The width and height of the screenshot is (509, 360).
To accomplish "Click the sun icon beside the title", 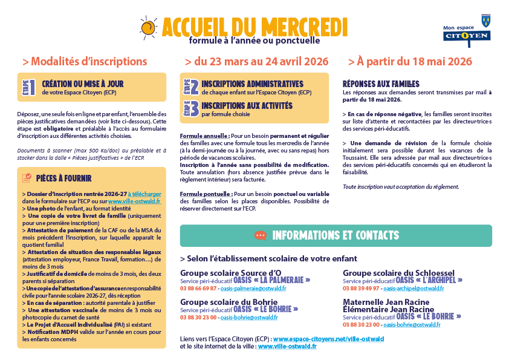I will [148, 27].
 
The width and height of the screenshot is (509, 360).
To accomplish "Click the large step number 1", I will [32, 88].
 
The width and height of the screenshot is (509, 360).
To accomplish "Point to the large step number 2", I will [193, 87].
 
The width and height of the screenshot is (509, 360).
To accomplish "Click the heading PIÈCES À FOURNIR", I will [63, 178].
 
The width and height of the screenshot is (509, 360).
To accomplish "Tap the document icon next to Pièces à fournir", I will [27, 178].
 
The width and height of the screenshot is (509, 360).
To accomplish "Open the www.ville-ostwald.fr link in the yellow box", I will [134, 201].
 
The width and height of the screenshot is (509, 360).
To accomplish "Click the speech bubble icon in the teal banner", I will [261, 235].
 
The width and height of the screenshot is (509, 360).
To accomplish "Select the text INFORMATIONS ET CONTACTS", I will [336, 235].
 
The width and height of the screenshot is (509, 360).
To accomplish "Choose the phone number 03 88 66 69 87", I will [198, 289].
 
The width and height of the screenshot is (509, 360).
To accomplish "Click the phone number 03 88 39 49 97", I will [360, 289].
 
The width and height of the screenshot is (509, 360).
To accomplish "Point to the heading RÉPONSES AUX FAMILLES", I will [381, 84].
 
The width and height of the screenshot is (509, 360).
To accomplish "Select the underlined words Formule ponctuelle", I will [201, 193].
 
